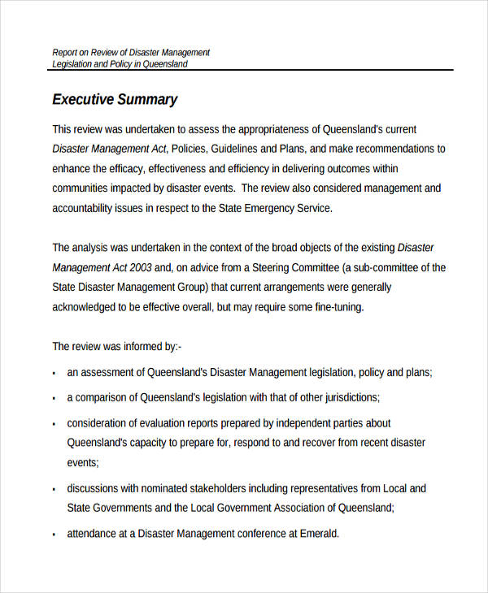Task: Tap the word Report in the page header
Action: [x=66, y=52]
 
